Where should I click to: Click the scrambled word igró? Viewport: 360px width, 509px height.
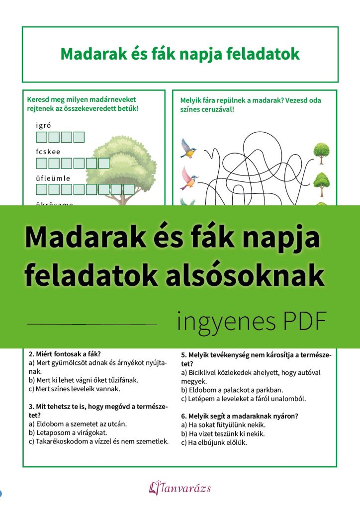44,125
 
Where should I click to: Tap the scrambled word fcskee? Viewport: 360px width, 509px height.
48,151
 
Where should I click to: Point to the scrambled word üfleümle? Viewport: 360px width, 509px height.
53,178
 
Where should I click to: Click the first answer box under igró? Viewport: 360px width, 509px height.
42,137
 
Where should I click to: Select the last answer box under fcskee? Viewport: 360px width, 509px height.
103,163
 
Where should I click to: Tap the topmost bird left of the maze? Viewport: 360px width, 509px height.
188,148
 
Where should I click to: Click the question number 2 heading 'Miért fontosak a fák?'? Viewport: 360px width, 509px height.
65,354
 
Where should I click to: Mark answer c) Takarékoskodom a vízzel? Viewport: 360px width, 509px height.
98,441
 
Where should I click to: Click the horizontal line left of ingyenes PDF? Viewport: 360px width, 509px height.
92,324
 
